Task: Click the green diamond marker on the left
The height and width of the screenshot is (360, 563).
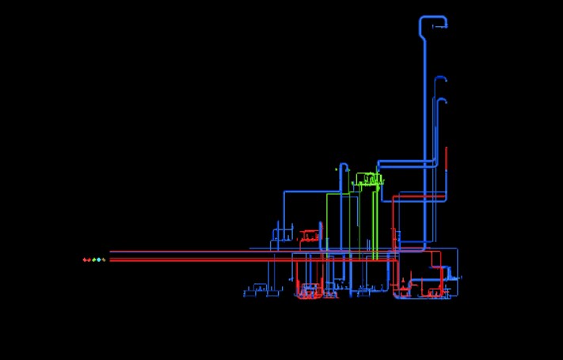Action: point(94,260)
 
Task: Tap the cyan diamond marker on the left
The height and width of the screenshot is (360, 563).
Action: point(99,260)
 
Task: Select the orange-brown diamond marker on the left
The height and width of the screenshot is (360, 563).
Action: point(85,260)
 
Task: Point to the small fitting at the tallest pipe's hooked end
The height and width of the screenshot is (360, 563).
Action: point(443,27)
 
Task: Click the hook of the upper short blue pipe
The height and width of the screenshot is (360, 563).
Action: point(441,79)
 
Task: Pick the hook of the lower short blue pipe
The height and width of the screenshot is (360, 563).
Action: point(441,101)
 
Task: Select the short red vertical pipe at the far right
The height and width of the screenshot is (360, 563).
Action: point(446,158)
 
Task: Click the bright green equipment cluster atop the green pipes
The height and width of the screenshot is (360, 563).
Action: point(369,180)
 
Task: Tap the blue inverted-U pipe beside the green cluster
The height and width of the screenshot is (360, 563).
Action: point(344,168)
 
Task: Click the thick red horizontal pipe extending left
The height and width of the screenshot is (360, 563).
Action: point(198,260)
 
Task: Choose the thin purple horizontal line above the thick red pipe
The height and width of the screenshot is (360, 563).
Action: point(198,252)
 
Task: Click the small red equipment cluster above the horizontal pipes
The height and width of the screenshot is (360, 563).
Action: point(307,234)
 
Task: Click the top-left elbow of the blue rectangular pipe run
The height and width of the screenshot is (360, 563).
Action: point(285,192)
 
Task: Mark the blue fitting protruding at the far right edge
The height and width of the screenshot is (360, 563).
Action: point(457,277)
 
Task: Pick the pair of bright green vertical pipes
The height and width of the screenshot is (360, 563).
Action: point(374,222)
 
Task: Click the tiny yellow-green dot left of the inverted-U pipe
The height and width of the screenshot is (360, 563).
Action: point(336,169)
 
